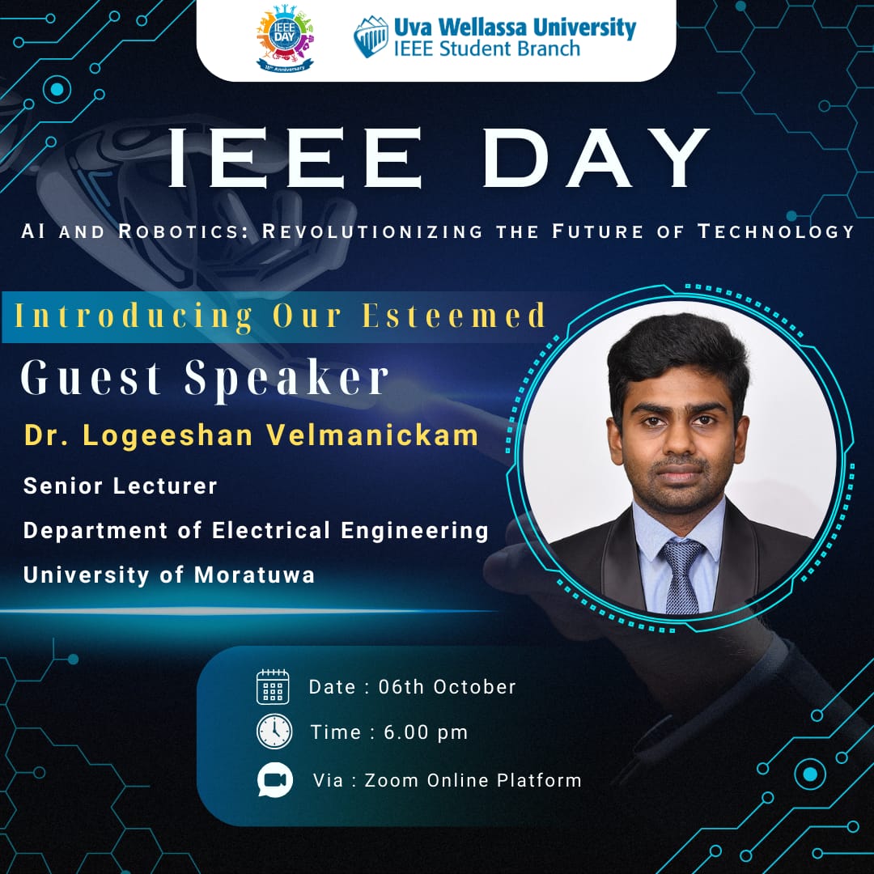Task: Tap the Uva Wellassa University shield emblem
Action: [x=371, y=36]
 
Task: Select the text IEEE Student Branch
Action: [x=486, y=49]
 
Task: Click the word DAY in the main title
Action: [x=596, y=159]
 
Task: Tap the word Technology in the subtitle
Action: [x=776, y=231]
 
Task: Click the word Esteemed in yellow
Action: [x=454, y=316]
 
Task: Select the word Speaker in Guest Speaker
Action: [x=286, y=379]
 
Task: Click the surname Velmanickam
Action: [x=371, y=435]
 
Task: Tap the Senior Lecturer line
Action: [x=120, y=486]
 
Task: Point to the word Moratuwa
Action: [x=254, y=575]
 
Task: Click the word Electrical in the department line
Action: [x=271, y=530]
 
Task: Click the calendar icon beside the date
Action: [x=273, y=687]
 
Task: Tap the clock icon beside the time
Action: [x=274, y=732]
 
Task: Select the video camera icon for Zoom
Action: [x=275, y=780]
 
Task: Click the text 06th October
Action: [x=447, y=687]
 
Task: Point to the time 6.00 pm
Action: [x=426, y=732]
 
